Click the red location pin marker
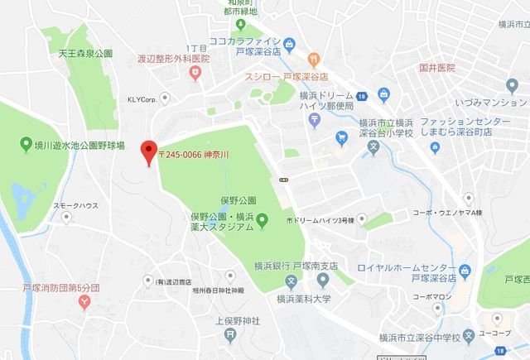pyautogui.click(x=149, y=151)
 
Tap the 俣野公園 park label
pyautogui.click(x=238, y=200)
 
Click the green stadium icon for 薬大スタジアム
pyautogui.click(x=262, y=219)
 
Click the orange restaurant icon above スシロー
pyautogui.click(x=314, y=58)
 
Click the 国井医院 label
pyautogui.click(x=437, y=68)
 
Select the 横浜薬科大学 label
pyautogui.click(x=304, y=300)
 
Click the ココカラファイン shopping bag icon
pyautogui.click(x=289, y=43)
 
